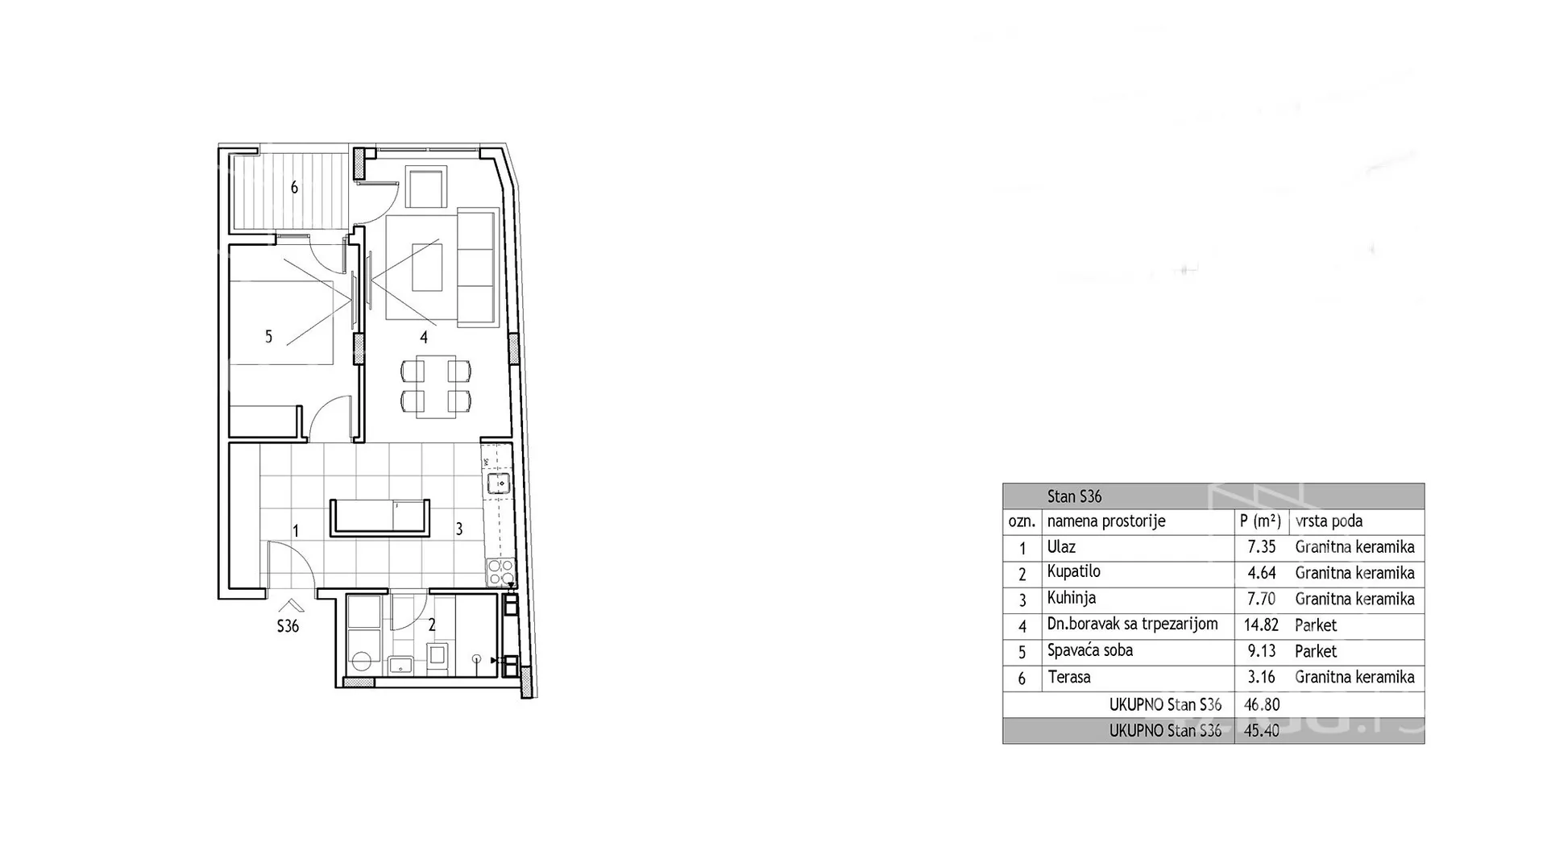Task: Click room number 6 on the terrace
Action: pyautogui.click(x=294, y=188)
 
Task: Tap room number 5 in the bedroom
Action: pyautogui.click(x=269, y=337)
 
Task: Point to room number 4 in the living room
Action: pyautogui.click(x=424, y=338)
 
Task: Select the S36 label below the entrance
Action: pyautogui.click(x=288, y=626)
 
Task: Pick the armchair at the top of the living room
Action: pyautogui.click(x=426, y=188)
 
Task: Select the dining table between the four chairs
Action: pyautogui.click(x=436, y=386)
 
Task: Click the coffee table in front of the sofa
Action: pyautogui.click(x=427, y=267)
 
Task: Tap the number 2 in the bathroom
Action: pyautogui.click(x=432, y=625)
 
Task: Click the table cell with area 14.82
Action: pyautogui.click(x=1261, y=625)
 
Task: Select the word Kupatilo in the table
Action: pyautogui.click(x=1073, y=572)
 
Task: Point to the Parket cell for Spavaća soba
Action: pyautogui.click(x=1316, y=651)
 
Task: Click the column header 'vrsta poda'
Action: pyautogui.click(x=1329, y=521)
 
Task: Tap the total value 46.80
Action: pyautogui.click(x=1262, y=704)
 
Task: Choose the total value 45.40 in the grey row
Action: pyautogui.click(x=1262, y=731)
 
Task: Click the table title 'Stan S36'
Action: pyautogui.click(x=1074, y=496)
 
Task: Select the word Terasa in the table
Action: pyautogui.click(x=1069, y=677)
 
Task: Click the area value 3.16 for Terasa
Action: pyautogui.click(x=1262, y=677)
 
